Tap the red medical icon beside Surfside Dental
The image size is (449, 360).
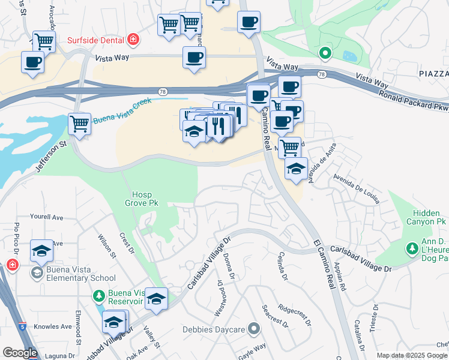(x=133, y=40)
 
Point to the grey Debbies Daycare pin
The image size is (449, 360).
(x=255, y=328)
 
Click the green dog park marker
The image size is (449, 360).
(x=412, y=248)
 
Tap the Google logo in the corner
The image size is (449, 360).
(x=19, y=353)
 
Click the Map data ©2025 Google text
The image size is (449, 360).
(x=412, y=355)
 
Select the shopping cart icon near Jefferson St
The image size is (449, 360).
(x=79, y=124)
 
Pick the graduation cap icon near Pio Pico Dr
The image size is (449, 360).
(x=41, y=251)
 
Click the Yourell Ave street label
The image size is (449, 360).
(x=47, y=217)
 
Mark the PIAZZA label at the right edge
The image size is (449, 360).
(x=430, y=73)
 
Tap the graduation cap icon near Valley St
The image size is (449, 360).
(x=156, y=299)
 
